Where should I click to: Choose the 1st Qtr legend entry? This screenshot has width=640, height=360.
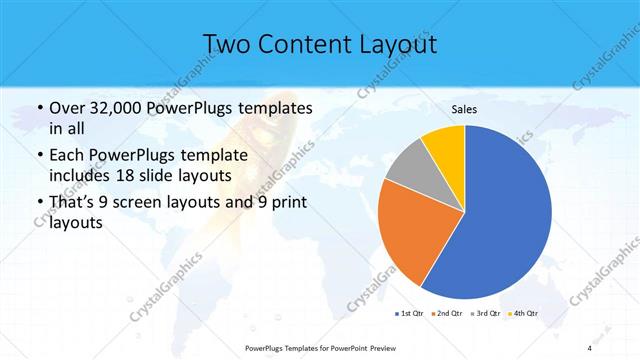411,315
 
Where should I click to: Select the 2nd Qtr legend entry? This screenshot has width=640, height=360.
447,315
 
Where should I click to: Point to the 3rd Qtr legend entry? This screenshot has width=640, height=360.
485,315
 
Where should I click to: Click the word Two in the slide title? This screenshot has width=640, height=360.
228,44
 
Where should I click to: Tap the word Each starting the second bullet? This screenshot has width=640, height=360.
66,156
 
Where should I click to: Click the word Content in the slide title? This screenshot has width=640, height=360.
305,44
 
